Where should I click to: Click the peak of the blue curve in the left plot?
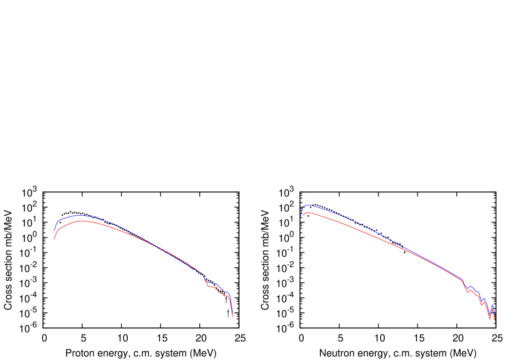pyautogui.click(x=79, y=215)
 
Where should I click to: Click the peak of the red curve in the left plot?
pyautogui.click(x=83, y=221)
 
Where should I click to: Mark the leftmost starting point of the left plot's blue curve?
pyautogui.click(x=54, y=232)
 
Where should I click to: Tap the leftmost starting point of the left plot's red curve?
pyautogui.click(x=54, y=239)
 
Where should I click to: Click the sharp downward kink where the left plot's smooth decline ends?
pyautogui.click(x=202, y=274)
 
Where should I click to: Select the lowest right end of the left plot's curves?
pyautogui.click(x=233, y=317)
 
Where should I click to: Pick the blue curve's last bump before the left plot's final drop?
pyautogui.click(x=227, y=292)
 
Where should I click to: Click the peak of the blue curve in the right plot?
pyautogui.click(x=309, y=205)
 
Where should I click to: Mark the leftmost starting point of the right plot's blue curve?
pyautogui.click(x=301, y=215)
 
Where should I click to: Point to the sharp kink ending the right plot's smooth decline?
pyautogui.click(x=462, y=279)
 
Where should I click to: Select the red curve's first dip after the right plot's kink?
pyautogui.click(x=468, y=292)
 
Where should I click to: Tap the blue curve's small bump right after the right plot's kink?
pyautogui.click(x=471, y=286)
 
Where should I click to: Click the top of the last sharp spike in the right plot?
pyautogui.click(x=492, y=305)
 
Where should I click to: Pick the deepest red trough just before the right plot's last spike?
pyautogui.click(x=490, y=319)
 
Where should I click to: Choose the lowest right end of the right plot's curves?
pyautogui.click(x=495, y=326)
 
